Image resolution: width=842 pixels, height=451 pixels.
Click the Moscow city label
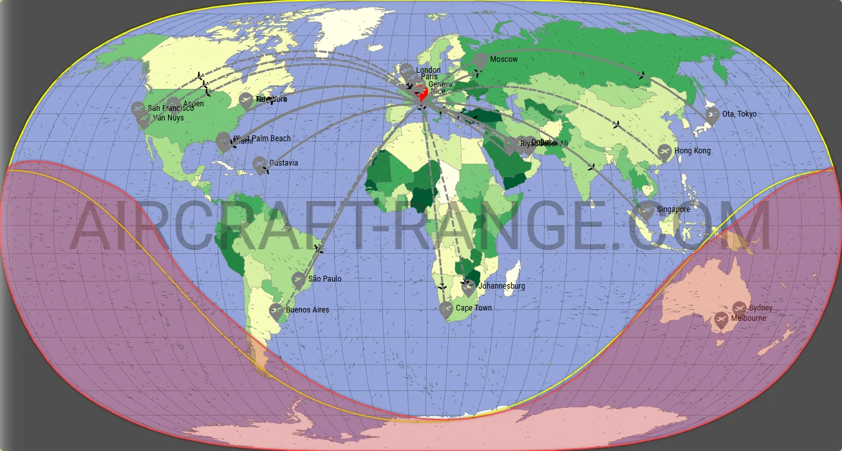coord(503,59)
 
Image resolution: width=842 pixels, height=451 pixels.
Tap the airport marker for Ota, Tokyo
coord(712,115)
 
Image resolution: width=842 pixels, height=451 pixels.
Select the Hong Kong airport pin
coord(665,152)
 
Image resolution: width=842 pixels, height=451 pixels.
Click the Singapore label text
coord(673,209)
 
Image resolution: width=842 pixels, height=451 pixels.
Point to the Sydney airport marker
coord(739,309)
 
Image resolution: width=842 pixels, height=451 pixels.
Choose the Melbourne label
coord(749,318)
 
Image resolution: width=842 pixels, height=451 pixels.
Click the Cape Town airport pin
coord(446,309)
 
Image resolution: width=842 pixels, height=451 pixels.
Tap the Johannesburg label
coord(502,286)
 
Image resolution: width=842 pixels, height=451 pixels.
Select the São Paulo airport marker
coord(298,280)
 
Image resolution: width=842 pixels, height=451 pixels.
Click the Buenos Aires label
coord(307,310)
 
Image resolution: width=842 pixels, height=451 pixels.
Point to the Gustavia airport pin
coord(259,165)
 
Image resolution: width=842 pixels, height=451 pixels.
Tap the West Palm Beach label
coord(262,139)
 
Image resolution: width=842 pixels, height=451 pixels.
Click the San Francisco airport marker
coord(138,110)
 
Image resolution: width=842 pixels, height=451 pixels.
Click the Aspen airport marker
coord(174,104)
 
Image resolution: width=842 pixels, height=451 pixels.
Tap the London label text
coord(428,70)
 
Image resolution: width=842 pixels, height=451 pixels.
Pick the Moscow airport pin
coord(480,61)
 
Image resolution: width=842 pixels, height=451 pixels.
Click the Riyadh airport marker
coord(510,145)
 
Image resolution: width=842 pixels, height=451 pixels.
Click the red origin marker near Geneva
coord(423,95)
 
